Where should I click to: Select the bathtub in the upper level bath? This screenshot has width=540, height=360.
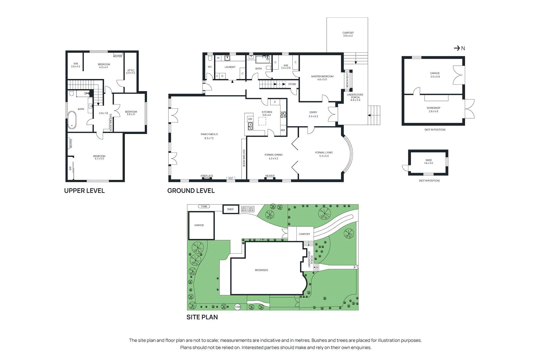tap(72, 120)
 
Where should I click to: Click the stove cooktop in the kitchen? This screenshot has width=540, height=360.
tap(283, 114)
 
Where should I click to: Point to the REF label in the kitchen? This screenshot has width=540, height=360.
tap(283, 130)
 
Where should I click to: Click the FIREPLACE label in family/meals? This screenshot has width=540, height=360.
tap(207, 176)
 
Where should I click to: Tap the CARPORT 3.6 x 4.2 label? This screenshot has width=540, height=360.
tap(348, 34)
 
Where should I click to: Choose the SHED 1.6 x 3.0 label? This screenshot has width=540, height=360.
tap(428, 162)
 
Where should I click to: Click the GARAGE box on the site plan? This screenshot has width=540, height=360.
tap(201, 225)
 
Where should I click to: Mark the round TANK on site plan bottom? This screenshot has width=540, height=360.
tap(238, 307)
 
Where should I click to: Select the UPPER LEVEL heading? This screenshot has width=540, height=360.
tap(84, 191)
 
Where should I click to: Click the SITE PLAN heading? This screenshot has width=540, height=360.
tap(202, 317)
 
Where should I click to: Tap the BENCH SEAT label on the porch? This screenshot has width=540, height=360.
tap(347, 80)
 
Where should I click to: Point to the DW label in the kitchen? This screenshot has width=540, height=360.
tap(250, 119)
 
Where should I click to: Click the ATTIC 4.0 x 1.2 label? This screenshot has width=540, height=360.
tap(131, 72)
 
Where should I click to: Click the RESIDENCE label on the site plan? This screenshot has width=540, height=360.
tap(262, 270)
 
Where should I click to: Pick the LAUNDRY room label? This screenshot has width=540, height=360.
tap(230, 67)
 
